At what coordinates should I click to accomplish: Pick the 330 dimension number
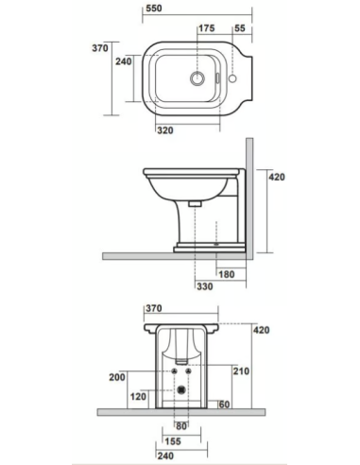point(205,285)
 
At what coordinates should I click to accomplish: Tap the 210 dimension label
point(240,371)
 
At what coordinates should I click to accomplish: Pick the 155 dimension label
point(171,440)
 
